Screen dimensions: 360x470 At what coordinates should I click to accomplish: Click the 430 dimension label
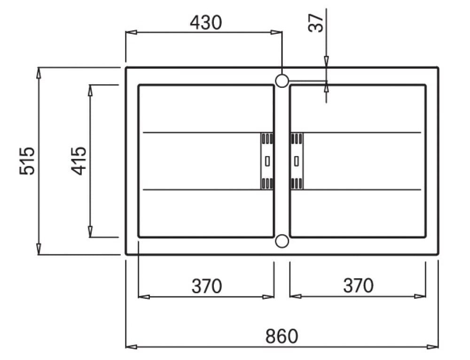tap(205, 22)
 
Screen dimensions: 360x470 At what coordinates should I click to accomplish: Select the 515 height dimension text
tap(27, 161)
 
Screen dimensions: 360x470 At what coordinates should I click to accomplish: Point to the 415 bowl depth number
tap(79, 161)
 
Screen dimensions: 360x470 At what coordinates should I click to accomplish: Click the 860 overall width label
tap(282, 336)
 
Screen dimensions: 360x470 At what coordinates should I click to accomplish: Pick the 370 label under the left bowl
tap(206, 286)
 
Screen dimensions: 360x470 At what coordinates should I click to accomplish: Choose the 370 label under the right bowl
tap(358, 286)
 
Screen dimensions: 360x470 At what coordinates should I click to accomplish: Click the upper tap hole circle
tap(282, 81)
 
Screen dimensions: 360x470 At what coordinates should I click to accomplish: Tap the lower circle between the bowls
tap(282, 241)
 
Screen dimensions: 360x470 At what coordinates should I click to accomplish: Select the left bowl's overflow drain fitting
tap(267, 161)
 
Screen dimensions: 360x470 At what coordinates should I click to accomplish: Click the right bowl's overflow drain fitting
tap(297, 161)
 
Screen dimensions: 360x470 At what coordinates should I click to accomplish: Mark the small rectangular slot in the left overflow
tap(267, 161)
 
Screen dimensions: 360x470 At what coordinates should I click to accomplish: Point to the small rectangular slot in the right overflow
tap(296, 161)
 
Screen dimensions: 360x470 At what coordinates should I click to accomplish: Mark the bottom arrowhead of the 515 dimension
tap(39, 250)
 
